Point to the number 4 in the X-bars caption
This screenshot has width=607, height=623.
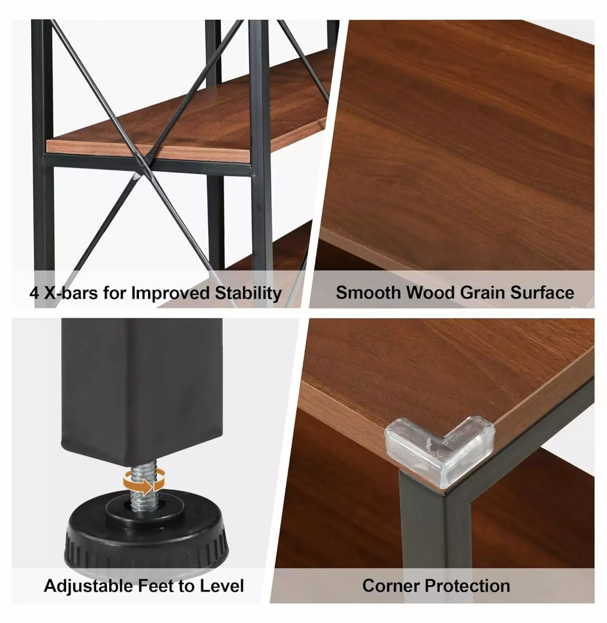[x=34, y=293]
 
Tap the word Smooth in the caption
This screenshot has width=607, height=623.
[x=368, y=293]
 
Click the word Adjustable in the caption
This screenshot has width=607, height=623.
[x=88, y=587]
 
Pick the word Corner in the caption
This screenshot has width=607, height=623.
[x=391, y=586]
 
